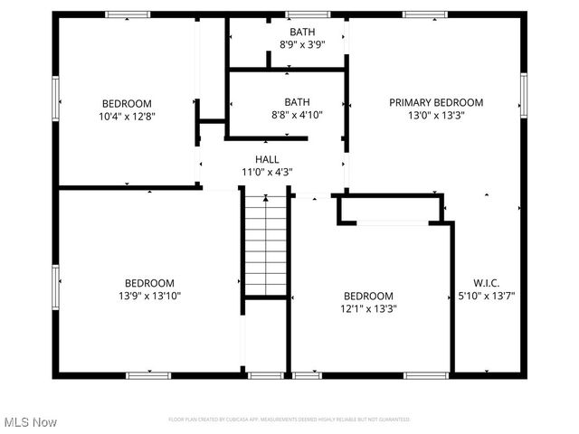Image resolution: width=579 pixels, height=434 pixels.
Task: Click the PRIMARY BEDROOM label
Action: (436, 102)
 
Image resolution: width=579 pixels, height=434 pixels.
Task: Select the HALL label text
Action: (266, 159)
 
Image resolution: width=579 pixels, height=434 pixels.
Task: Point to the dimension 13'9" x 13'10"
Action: (150, 295)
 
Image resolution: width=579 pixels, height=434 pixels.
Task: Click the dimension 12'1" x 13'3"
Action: (368, 307)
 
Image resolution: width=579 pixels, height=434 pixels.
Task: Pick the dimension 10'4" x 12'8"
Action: (127, 116)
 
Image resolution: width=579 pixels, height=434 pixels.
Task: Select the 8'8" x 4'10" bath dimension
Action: (297, 114)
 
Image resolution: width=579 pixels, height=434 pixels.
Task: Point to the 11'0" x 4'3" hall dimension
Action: (266, 172)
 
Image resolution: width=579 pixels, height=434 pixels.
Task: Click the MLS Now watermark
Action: (30, 422)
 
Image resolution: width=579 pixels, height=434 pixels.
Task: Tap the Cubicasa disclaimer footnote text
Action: (289, 420)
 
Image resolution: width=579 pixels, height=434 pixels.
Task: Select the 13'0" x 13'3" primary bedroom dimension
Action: (436, 115)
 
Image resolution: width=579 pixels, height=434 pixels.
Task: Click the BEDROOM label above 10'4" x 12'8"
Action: (127, 103)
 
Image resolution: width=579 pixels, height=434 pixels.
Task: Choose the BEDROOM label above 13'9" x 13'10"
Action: (150, 282)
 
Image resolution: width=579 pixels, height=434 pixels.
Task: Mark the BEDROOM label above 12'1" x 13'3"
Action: (368, 296)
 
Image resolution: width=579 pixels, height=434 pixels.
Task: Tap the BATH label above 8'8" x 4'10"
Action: (297, 101)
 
